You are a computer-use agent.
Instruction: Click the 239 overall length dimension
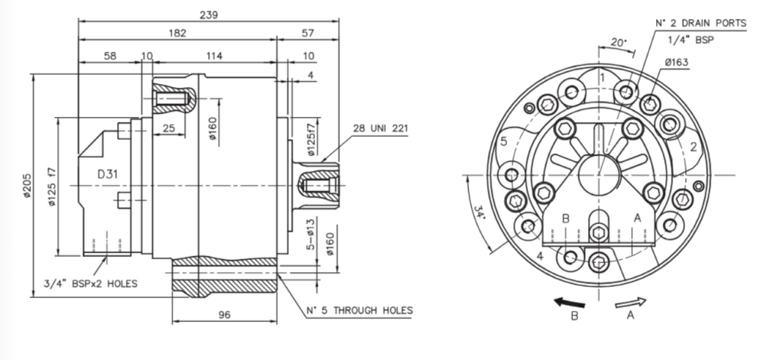[x=207, y=15]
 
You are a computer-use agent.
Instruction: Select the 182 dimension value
[x=177, y=34]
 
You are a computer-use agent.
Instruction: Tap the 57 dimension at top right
[x=307, y=34]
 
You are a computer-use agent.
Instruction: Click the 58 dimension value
[x=109, y=57]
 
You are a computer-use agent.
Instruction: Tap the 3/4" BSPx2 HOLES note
[x=91, y=284]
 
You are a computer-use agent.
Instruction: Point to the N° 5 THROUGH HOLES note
[x=359, y=310]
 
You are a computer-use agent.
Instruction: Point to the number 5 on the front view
[x=504, y=141]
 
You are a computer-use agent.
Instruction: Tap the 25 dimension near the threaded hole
[x=171, y=128]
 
